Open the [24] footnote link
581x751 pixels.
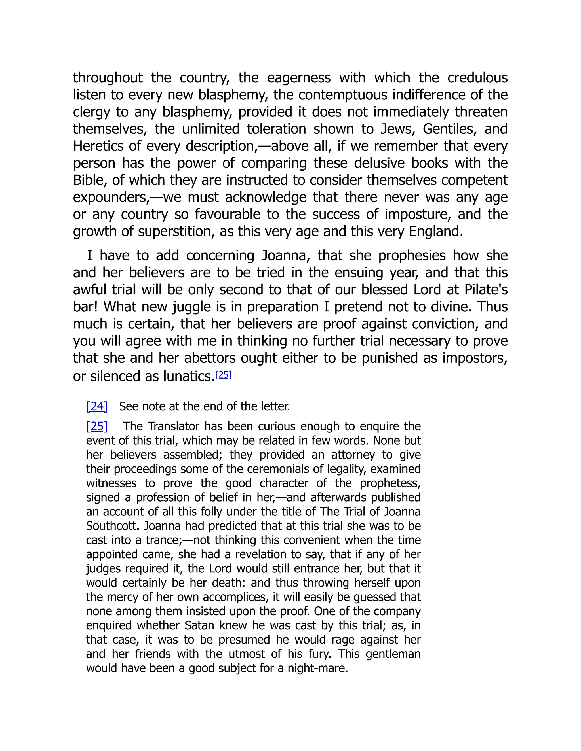pyautogui.click(x=97, y=406)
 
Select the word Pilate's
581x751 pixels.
pyautogui.click(x=486, y=290)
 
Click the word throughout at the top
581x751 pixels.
pyautogui.click(x=108, y=78)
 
